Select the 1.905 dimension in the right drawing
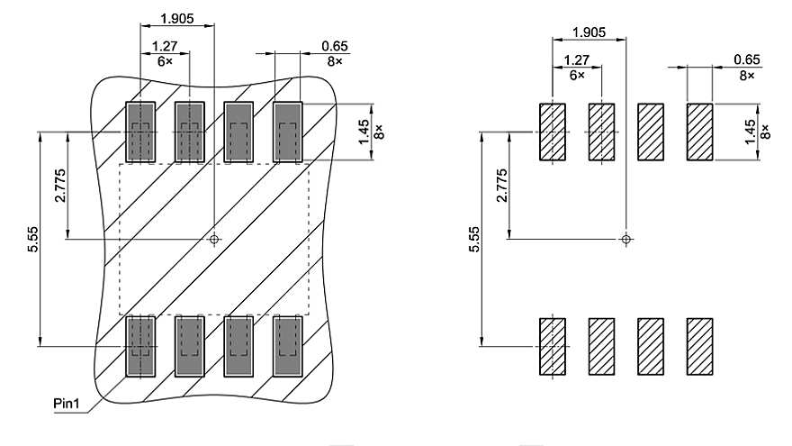pyautogui.click(x=589, y=32)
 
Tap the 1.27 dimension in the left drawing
pyautogui.click(x=164, y=46)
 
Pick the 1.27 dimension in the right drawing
pyautogui.click(x=576, y=60)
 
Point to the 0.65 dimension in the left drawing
pyautogui.click(x=335, y=46)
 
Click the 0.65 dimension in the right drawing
pyautogui.click(x=747, y=60)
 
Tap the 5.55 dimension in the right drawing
pyautogui.click(x=473, y=238)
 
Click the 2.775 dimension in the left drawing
pyautogui.click(x=58, y=185)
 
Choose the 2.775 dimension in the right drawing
pyautogui.click(x=501, y=185)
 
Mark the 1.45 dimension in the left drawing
pyautogui.click(x=364, y=132)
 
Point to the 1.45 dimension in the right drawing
pyautogui.click(x=751, y=132)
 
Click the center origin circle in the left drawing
pyautogui.click(x=213, y=239)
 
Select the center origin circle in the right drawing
pyautogui.click(x=626, y=239)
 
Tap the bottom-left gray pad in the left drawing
pyautogui.click(x=139, y=345)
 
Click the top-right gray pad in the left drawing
pyautogui.click(x=287, y=132)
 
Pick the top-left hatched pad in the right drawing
pyautogui.click(x=552, y=132)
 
